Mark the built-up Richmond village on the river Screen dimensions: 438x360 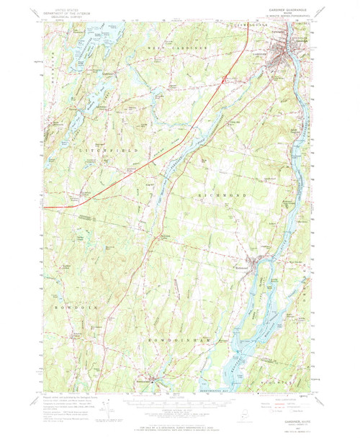tap(254, 264)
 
